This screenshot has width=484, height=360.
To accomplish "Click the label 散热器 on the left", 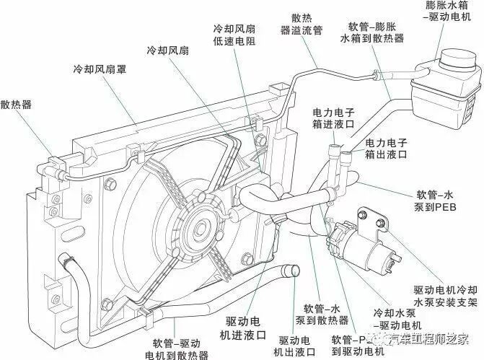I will pos(17,104).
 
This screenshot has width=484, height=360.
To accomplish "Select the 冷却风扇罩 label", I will pos(98,71).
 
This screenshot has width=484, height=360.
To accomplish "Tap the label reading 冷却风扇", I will pos(168,52).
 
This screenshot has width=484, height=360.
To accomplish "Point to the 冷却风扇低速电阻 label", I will pos(234,36).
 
